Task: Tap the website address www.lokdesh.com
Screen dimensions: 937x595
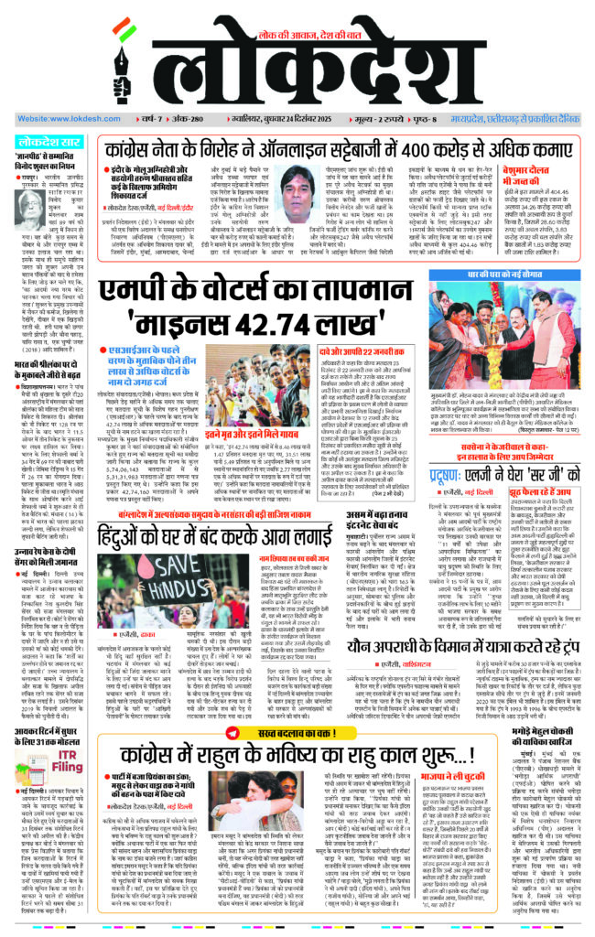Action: [59, 119]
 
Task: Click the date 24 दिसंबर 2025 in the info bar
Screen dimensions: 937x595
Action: [281, 119]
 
